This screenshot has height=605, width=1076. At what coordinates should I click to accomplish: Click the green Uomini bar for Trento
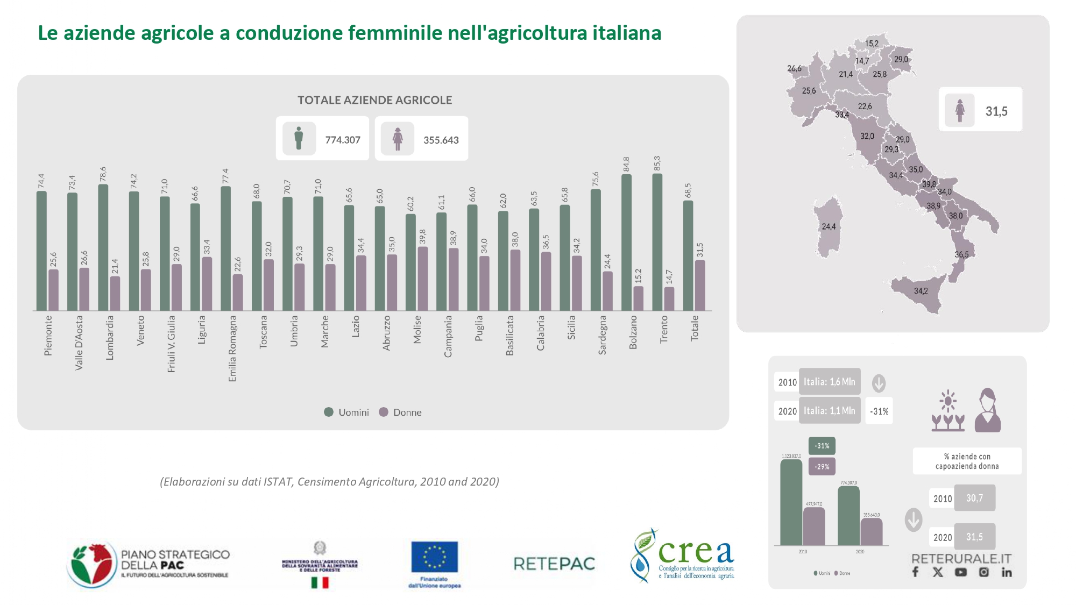(x=657, y=242)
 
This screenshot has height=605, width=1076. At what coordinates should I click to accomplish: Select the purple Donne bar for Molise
(x=423, y=279)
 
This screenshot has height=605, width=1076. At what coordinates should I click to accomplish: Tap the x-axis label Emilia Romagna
(x=232, y=348)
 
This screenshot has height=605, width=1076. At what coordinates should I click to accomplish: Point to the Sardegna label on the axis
(x=602, y=334)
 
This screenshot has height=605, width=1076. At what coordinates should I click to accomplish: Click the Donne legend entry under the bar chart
(x=400, y=412)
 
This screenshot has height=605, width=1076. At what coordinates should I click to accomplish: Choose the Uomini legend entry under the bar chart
(x=346, y=412)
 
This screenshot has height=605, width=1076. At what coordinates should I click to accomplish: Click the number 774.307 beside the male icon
(x=343, y=140)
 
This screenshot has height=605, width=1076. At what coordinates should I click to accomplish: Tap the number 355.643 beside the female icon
(x=441, y=140)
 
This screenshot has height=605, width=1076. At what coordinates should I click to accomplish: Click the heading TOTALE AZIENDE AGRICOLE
(x=374, y=100)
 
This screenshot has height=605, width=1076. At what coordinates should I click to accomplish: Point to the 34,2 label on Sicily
(x=921, y=291)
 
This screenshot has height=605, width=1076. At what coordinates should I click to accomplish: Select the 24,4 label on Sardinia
(x=829, y=226)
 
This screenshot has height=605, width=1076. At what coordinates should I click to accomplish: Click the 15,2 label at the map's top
(x=872, y=44)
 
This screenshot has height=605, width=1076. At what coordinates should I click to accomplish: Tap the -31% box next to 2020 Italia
(x=879, y=411)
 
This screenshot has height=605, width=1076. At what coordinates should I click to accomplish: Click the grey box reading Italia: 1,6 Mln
(x=829, y=382)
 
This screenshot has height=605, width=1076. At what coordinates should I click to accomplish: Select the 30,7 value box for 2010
(x=974, y=498)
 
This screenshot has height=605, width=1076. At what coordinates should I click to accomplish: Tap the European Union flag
(x=434, y=557)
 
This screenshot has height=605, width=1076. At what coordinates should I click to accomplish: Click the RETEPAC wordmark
(x=554, y=564)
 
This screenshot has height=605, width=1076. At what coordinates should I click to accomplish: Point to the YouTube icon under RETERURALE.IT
(x=960, y=572)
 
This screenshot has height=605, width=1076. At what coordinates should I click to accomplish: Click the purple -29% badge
(x=822, y=466)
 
